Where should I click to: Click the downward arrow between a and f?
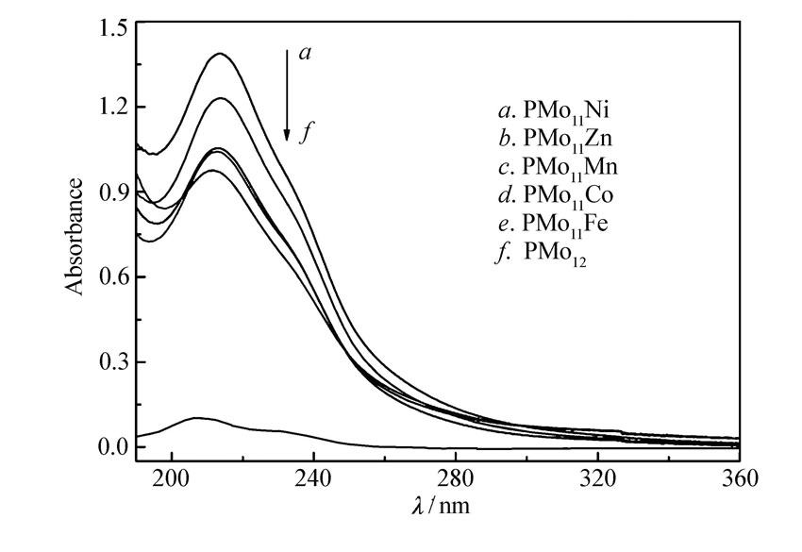pos(287,94)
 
